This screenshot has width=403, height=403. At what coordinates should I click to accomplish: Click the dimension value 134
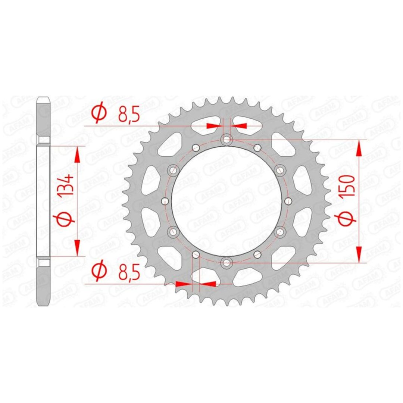point(66,185)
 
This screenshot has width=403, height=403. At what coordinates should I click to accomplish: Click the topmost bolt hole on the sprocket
point(227,140)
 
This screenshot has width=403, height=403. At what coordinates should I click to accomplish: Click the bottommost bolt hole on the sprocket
point(227,262)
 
